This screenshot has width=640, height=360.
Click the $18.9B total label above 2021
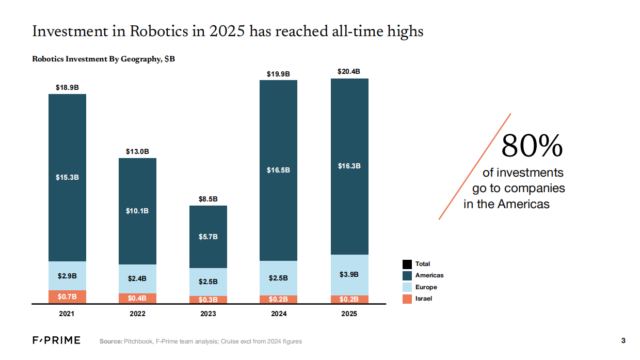(67, 88)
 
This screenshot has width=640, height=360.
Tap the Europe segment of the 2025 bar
(349, 274)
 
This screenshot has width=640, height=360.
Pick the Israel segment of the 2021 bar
(67, 296)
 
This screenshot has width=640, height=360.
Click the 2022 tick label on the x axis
(137, 314)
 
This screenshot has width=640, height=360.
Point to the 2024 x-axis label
(279, 314)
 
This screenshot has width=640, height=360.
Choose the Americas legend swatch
(407, 275)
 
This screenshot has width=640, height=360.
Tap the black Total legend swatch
(407, 264)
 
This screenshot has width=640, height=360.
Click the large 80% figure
(532, 146)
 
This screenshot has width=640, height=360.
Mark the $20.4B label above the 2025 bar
(349, 72)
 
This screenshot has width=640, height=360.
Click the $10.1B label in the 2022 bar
(137, 211)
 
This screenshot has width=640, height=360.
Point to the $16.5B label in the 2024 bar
(279, 170)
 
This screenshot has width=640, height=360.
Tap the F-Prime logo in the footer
(57, 340)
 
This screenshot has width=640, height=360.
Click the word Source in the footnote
(110, 341)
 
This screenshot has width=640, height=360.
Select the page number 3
(623, 340)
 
